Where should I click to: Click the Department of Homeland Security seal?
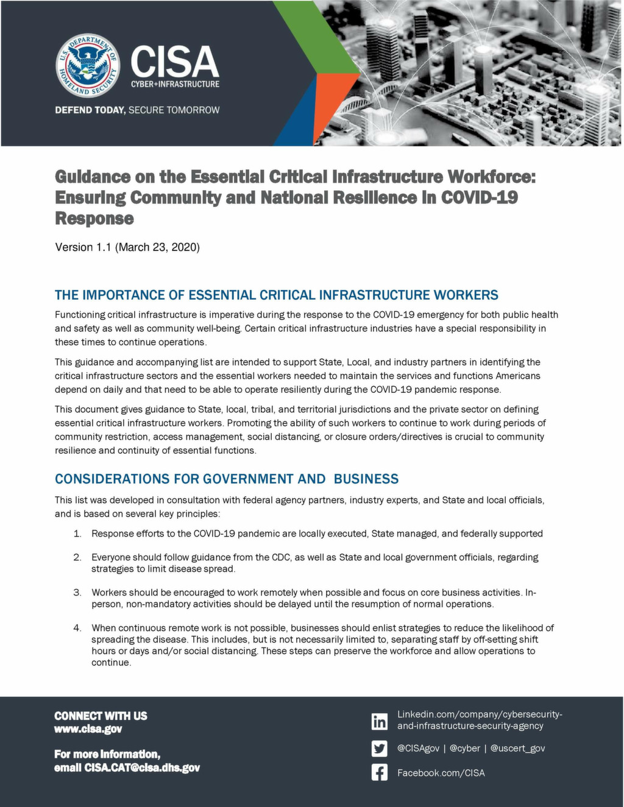click(x=87, y=66)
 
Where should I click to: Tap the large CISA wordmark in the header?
click(x=174, y=61)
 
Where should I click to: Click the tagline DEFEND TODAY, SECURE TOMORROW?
click(x=137, y=110)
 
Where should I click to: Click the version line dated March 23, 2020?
click(x=127, y=247)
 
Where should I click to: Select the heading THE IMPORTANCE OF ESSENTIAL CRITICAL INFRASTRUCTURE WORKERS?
click(x=277, y=295)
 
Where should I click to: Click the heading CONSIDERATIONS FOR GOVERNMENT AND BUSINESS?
click(x=227, y=479)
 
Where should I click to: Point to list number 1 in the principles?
click(x=77, y=534)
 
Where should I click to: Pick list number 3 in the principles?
click(x=77, y=592)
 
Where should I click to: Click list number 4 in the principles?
click(x=77, y=627)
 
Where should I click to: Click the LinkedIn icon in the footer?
click(x=379, y=721)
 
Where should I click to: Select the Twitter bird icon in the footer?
click(x=379, y=748)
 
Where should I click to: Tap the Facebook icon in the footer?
click(x=379, y=773)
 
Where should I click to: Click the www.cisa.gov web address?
click(x=88, y=729)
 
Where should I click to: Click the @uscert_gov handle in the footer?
click(x=517, y=748)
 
